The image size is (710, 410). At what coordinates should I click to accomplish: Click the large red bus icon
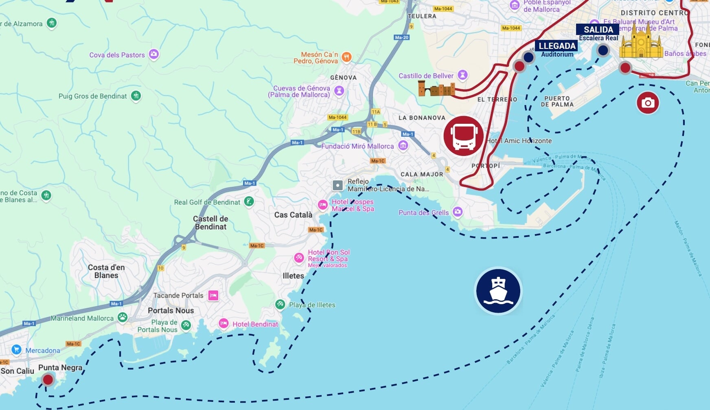point(463,136)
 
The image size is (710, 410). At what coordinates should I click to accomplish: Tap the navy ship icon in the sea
point(498,291)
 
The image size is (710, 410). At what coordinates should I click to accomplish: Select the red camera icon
point(648,103)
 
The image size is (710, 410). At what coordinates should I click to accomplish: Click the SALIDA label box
point(598,29)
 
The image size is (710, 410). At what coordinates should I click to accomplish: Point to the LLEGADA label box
point(557,46)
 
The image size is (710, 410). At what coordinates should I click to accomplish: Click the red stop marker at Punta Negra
point(48,379)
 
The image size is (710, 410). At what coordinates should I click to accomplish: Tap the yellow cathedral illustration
point(641,42)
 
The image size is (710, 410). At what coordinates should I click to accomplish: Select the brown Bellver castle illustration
point(436,89)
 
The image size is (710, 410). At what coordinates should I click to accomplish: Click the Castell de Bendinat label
point(210,223)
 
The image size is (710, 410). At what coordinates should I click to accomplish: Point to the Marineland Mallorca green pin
point(123,317)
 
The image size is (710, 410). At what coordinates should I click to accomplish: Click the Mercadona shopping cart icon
point(16,349)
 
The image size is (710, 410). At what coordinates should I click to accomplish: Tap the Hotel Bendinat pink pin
point(224,323)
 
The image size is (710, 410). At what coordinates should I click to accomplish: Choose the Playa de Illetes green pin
point(280,304)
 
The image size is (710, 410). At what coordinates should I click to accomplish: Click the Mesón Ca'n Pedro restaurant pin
point(346,57)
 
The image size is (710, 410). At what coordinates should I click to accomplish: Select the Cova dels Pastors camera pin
point(153,54)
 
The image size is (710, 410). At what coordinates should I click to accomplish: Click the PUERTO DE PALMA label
point(557,101)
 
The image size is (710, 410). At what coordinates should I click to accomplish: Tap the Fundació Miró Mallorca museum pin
point(403,145)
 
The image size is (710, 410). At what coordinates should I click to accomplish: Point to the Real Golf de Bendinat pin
point(249,201)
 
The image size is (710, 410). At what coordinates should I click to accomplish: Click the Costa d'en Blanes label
point(106,271)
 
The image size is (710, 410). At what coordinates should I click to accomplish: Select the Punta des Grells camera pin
point(458,211)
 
